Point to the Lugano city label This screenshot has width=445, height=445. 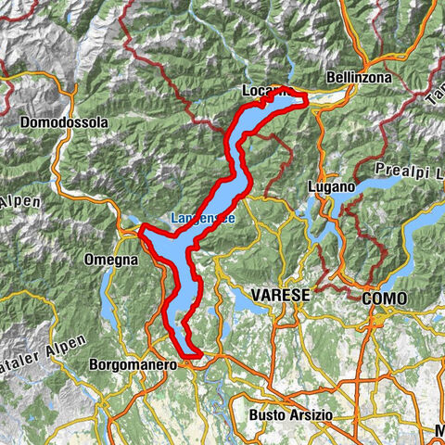(327, 186)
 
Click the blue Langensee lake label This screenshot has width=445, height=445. (201, 219)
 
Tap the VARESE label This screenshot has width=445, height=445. (279, 294)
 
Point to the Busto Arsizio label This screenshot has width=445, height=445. (289, 414)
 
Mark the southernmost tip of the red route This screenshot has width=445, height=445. (196, 353)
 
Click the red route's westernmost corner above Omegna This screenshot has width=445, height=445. (141, 233)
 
